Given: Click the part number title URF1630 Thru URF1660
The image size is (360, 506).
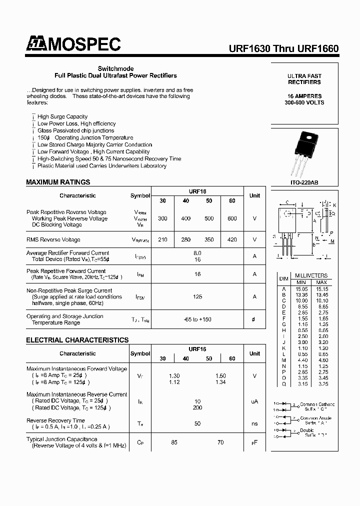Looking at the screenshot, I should tap(283, 49).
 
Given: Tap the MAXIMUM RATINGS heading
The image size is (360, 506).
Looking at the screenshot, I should tap(58, 182).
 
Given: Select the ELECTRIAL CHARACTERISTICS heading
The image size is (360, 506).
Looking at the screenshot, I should tap(77, 340).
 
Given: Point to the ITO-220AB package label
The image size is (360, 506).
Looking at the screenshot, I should tap(304, 183).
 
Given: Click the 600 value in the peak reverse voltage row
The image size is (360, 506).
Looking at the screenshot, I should tap(232, 218).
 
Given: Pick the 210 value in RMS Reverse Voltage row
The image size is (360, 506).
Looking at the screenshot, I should tap(162, 239).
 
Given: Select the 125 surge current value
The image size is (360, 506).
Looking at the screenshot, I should tap(197, 296).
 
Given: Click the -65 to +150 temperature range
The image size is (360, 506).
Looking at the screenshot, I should tap(197, 319).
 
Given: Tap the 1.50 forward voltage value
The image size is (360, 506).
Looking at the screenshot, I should tap(220, 375).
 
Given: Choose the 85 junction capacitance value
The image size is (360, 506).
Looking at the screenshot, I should tap(174, 442).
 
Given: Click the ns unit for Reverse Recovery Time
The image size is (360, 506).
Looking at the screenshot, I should tap(254, 423).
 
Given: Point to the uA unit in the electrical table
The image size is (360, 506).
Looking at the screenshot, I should tap(254, 401).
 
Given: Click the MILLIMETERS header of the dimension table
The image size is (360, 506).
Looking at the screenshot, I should tap(311, 275).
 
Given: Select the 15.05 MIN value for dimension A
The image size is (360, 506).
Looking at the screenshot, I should tap(301, 288).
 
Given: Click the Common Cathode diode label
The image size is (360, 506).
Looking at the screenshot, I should tap(316, 404).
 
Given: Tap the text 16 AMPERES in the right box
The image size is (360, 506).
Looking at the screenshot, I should tap(304, 96).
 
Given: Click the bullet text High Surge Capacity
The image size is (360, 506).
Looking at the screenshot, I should tap(62, 116).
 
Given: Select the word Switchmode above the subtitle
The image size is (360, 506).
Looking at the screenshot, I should tap(115, 68).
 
